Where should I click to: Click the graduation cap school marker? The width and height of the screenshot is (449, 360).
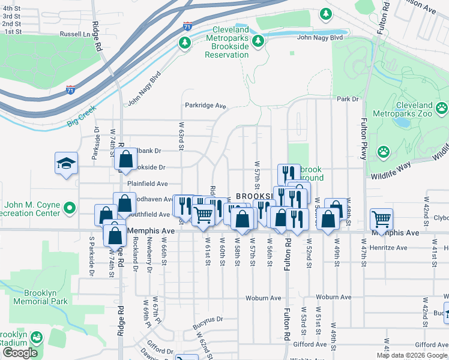click(x=65, y=163)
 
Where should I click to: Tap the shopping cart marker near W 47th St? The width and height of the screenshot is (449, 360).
click(x=381, y=219)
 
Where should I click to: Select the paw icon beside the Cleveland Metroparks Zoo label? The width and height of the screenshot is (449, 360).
click(x=442, y=109)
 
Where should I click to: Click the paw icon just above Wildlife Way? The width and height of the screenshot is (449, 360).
click(x=384, y=153)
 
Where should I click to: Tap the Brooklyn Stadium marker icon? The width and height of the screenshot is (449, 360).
click(x=37, y=338)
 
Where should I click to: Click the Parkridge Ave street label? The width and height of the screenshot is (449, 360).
click(x=205, y=106)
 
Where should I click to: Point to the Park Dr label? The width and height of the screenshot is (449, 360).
click(x=347, y=99)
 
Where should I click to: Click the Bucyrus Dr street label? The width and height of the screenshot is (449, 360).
click(x=208, y=319)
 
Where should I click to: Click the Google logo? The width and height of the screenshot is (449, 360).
click(x=20, y=353)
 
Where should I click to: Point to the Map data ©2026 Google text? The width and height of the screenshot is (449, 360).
click(x=411, y=355)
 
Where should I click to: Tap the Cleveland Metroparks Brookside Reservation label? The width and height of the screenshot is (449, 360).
click(x=226, y=42)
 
